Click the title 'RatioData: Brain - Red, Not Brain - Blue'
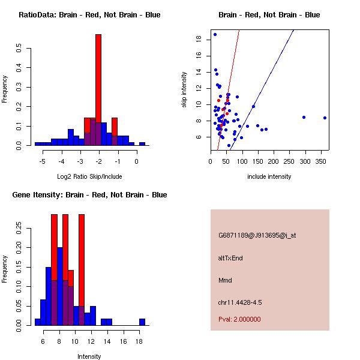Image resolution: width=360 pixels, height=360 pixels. click(89, 15)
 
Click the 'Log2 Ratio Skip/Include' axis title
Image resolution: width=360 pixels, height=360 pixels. click(89, 176)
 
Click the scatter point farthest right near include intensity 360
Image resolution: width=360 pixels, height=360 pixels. click(325, 118)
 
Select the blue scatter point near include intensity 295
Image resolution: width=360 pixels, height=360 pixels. click(304, 117)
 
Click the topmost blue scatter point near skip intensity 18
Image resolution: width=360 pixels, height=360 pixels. click(215, 34)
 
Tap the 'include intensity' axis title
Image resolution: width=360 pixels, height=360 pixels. click(269, 176)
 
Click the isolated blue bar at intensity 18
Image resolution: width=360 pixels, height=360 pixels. click(142, 322)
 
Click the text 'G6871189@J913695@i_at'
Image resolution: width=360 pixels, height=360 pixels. click(257, 235)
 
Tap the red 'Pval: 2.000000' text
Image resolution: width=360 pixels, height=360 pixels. click(239, 319)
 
